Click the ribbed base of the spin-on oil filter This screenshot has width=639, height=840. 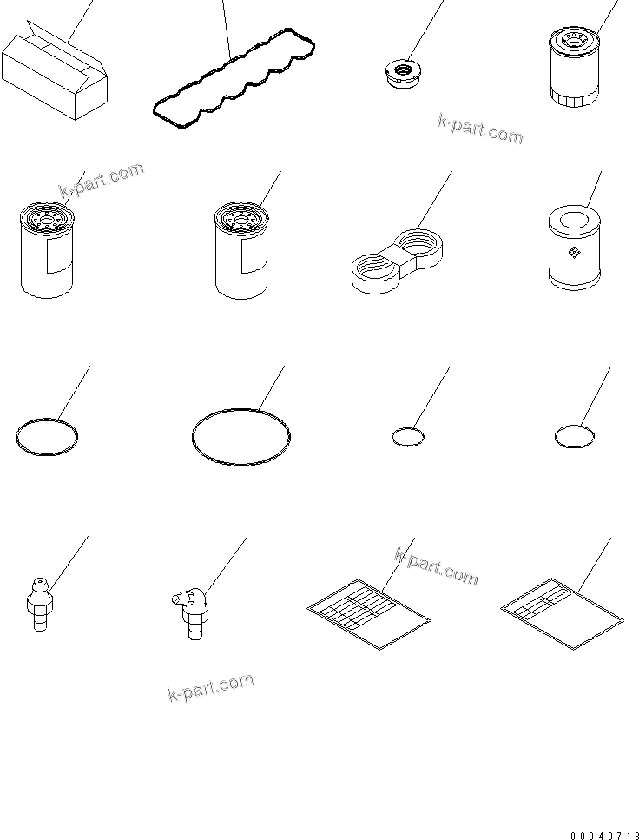(x=573, y=99)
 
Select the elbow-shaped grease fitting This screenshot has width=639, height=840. (x=190, y=612)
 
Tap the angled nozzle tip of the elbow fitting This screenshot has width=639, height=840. (x=176, y=599)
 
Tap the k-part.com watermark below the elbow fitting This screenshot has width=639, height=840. (x=210, y=687)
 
